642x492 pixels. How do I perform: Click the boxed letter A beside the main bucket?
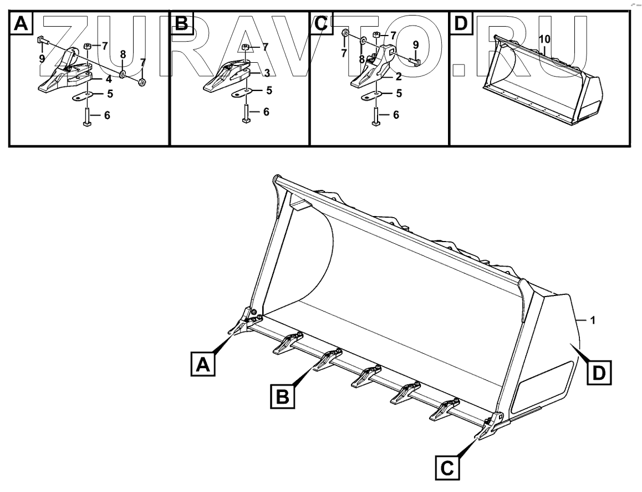point(203,365)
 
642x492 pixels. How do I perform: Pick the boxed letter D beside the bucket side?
point(599,372)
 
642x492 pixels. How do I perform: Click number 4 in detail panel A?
point(109,79)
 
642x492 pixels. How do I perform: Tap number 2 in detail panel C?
point(398,77)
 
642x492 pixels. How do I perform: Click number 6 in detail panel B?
point(266,112)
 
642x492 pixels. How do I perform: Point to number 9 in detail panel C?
point(416,43)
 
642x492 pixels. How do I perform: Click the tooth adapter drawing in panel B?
point(227,78)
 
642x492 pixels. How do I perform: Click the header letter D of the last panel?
point(460,24)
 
